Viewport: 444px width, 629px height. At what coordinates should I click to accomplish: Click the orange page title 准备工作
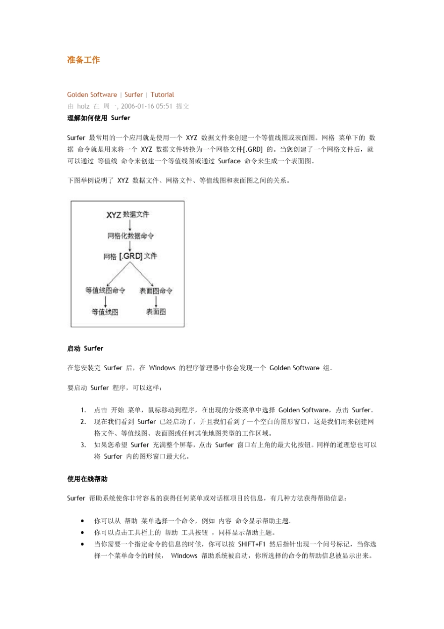83,60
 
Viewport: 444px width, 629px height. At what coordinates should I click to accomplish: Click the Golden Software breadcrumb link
92,95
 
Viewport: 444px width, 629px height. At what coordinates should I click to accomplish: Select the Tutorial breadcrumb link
162,95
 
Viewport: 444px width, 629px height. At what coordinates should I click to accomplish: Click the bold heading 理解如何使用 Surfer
99,118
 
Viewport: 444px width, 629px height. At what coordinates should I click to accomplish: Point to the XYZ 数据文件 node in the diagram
128,214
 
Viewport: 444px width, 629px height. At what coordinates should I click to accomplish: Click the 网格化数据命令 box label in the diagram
130,235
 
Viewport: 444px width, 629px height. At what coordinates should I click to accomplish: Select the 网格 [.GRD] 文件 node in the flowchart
130,256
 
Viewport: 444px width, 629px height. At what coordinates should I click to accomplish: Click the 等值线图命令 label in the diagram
105,290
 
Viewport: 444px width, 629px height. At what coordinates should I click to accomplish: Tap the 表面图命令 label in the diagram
156,291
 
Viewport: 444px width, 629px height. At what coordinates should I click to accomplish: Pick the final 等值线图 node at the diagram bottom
105,312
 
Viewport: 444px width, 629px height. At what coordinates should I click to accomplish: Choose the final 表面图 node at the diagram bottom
156,312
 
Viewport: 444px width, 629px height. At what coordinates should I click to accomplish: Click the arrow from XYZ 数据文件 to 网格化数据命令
130,225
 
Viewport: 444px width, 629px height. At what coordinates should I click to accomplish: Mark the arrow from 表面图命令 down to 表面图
156,301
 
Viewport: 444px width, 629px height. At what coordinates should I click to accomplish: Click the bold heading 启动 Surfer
85,348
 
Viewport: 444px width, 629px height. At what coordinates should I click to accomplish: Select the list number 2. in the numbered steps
83,422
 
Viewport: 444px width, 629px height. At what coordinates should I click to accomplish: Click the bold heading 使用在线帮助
87,479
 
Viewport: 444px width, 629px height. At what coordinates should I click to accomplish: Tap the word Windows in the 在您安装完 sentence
162,368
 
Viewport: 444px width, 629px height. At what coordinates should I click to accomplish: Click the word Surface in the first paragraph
229,161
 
